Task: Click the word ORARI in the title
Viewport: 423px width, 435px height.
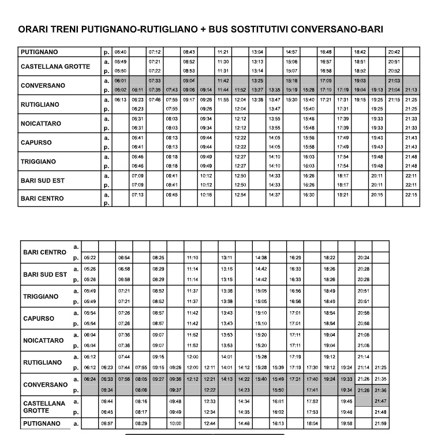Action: (x=33, y=29)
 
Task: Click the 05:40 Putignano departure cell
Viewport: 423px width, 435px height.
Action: (x=120, y=52)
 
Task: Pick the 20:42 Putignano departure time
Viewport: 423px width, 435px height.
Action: (x=394, y=52)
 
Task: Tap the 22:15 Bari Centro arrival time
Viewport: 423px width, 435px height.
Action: (x=411, y=195)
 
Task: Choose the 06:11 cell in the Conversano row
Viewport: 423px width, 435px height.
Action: (x=137, y=90)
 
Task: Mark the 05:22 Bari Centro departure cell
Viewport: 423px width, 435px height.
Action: (x=90, y=258)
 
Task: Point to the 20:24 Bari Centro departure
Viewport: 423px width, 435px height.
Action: (x=364, y=258)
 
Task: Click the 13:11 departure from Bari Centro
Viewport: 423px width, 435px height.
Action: (x=227, y=258)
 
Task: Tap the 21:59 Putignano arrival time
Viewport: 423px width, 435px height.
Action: (x=380, y=423)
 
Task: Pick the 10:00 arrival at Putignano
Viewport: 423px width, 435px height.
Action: (x=175, y=423)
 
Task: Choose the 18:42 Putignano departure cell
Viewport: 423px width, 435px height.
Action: (x=360, y=52)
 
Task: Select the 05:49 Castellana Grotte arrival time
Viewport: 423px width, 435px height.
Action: (x=120, y=61)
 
